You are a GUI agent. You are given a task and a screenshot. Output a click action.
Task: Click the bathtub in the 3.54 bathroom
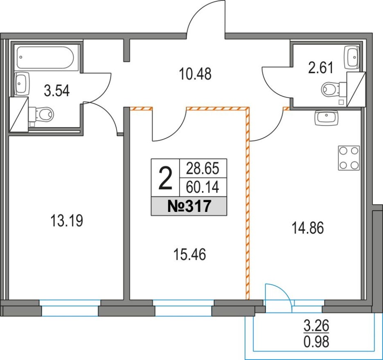click(x=45, y=57)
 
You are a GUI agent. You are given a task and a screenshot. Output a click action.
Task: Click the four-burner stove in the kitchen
click(x=349, y=158)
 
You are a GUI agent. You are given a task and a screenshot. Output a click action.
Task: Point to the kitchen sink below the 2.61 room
click(x=327, y=118)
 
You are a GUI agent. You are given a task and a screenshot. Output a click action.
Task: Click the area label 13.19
click(x=66, y=220)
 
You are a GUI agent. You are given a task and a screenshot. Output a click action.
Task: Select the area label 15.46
click(x=190, y=254)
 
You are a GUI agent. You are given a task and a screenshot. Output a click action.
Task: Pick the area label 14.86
click(x=308, y=228)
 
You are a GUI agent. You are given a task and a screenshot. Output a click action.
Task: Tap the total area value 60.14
click(x=203, y=188)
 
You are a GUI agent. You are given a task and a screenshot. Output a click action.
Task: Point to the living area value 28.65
click(x=203, y=169)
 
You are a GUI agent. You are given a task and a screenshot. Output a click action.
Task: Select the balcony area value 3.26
click(x=316, y=326)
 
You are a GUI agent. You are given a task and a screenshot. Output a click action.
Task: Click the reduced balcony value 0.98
click(x=316, y=342)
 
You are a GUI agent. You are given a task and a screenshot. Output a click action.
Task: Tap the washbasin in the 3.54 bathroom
click(x=22, y=83)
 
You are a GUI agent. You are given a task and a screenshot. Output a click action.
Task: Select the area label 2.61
click(x=321, y=68)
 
